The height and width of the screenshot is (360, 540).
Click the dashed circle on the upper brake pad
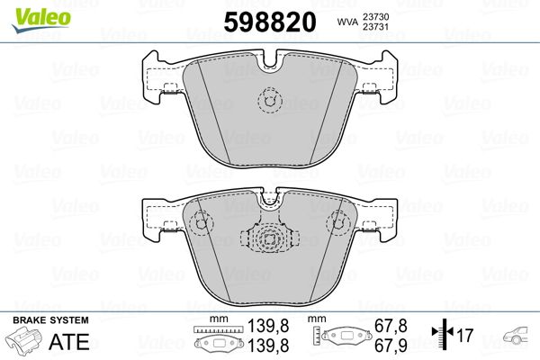(x=268, y=101)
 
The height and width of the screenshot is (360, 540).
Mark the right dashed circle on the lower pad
(x=338, y=220)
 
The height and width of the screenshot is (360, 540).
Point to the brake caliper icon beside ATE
(x=25, y=343)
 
